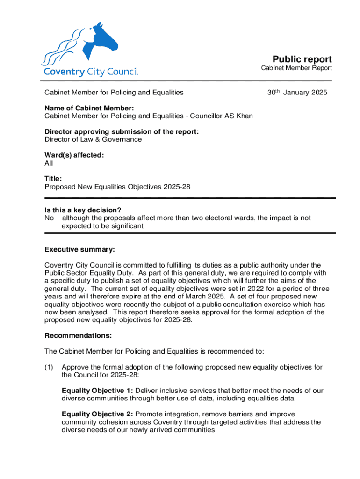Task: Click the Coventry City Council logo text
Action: coord(91,72)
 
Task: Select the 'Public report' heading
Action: coord(302,59)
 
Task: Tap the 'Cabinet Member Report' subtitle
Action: coord(296,68)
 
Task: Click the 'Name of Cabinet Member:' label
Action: coord(89,108)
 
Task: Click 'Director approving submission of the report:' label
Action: coord(122,132)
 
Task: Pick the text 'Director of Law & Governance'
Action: coord(93,139)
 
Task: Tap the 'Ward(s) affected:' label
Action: coord(74,156)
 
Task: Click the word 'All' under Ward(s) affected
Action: coord(49,163)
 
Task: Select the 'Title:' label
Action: coord(53,179)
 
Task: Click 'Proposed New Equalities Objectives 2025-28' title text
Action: coord(117,187)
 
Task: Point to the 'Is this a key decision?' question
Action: coord(86,210)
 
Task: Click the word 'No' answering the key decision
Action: coord(49,218)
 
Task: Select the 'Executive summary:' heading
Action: coord(79,249)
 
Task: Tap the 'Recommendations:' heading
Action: coord(78,335)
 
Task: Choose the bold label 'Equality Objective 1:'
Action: coord(97,391)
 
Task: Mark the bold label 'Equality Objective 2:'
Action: coord(97,414)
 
